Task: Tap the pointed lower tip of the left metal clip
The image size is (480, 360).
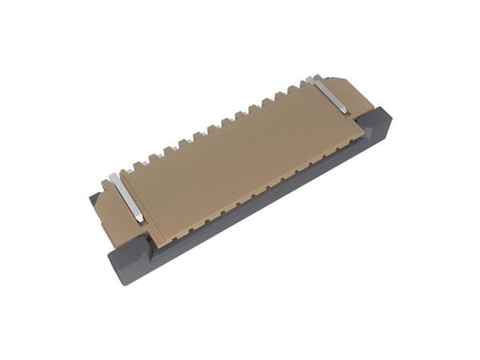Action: coord(140,222)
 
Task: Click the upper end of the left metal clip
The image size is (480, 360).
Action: coord(112,175)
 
